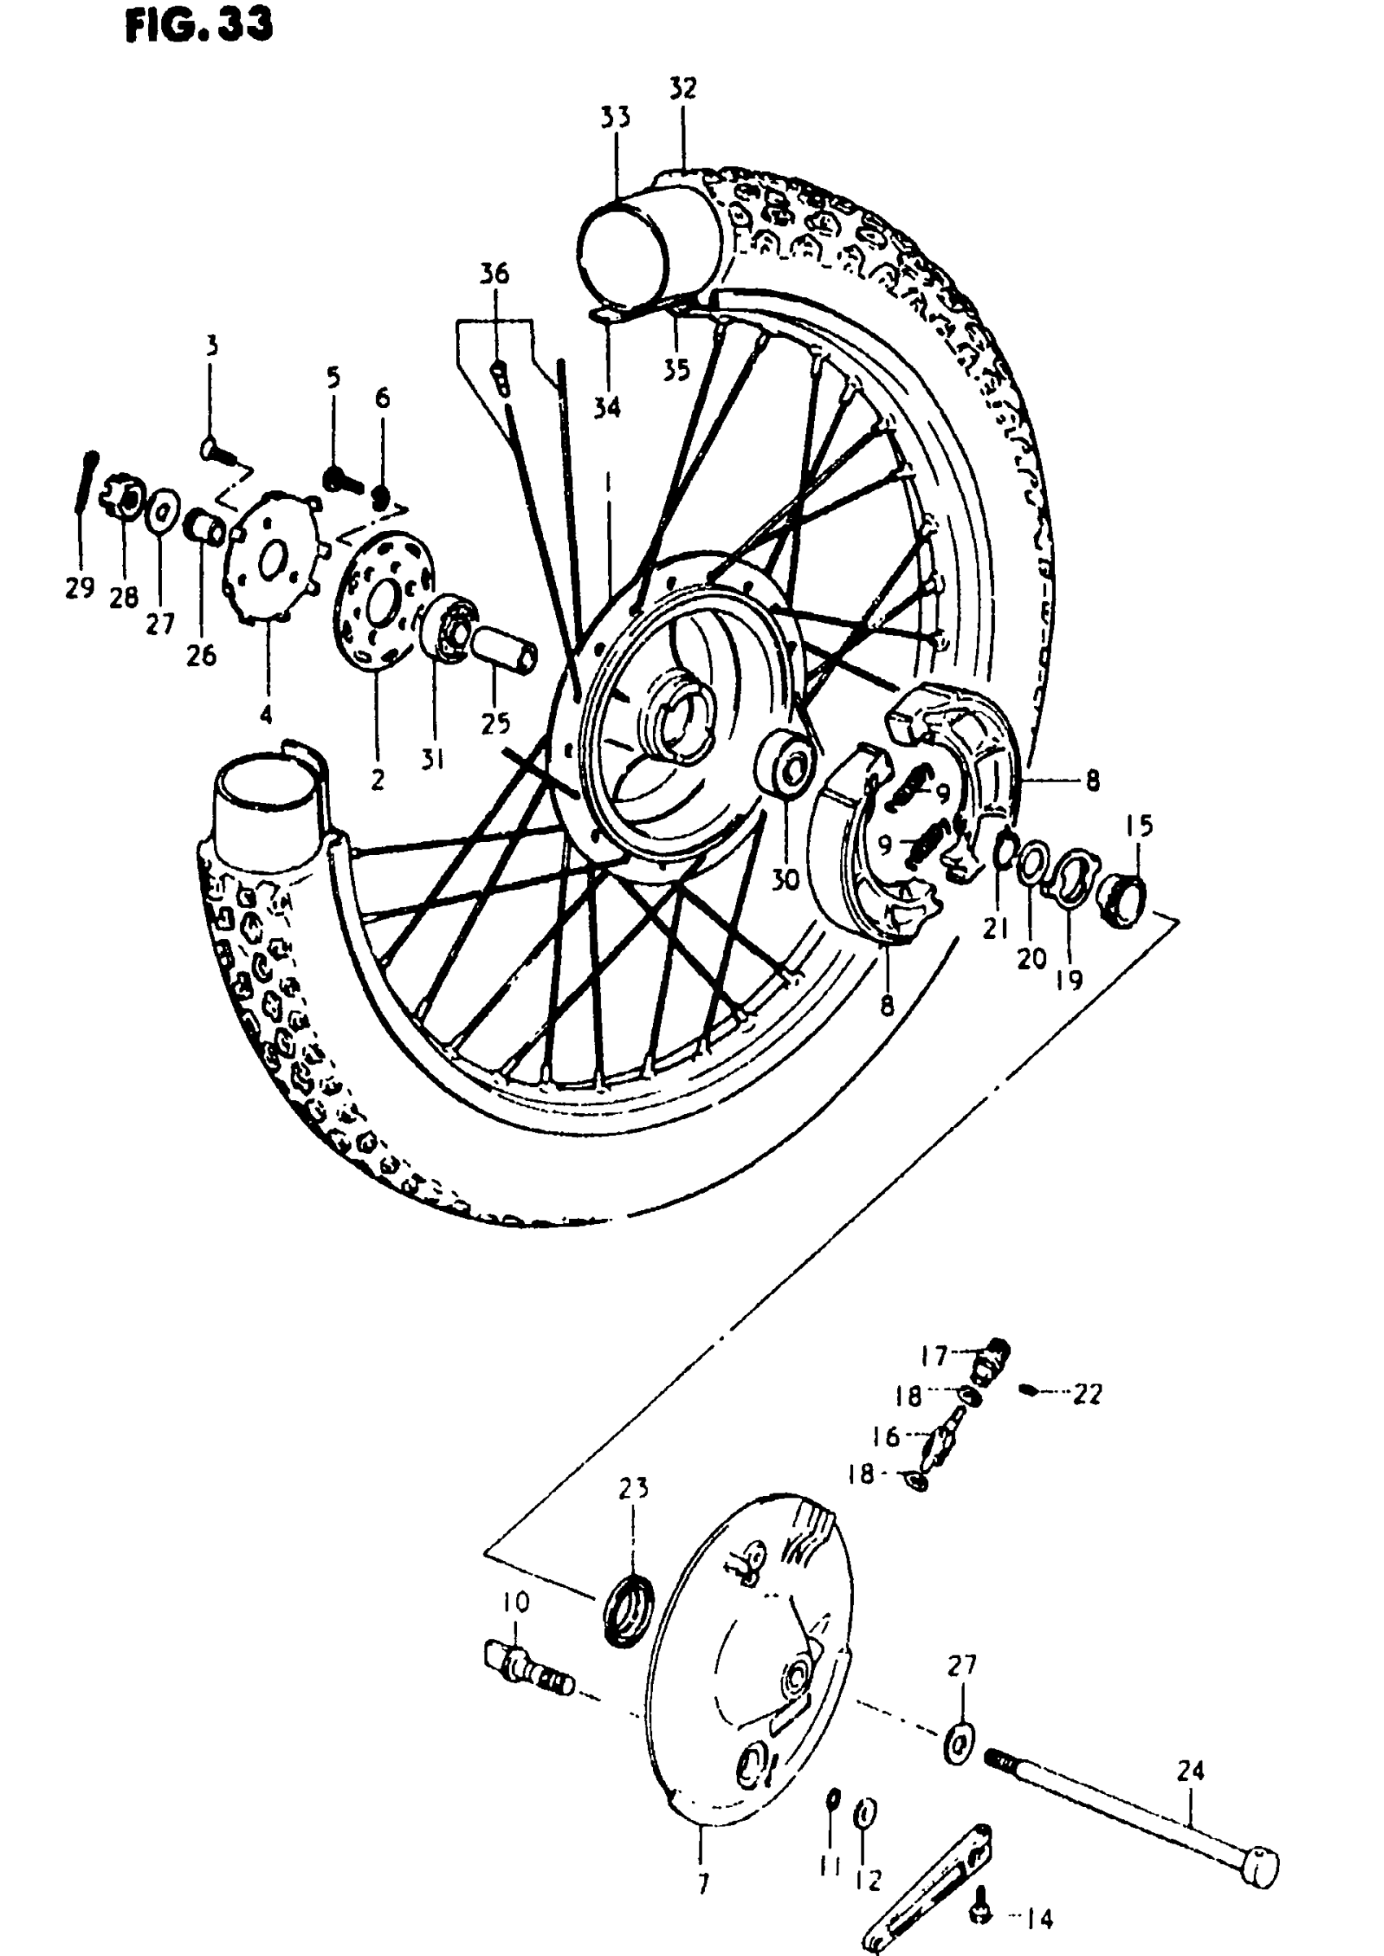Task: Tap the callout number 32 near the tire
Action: pyautogui.click(x=682, y=89)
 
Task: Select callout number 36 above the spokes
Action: pyautogui.click(x=494, y=274)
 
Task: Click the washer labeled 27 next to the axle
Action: pyautogui.click(x=959, y=1743)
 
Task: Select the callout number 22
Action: pyautogui.click(x=1087, y=1394)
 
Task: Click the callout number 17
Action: pyautogui.click(x=934, y=1355)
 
